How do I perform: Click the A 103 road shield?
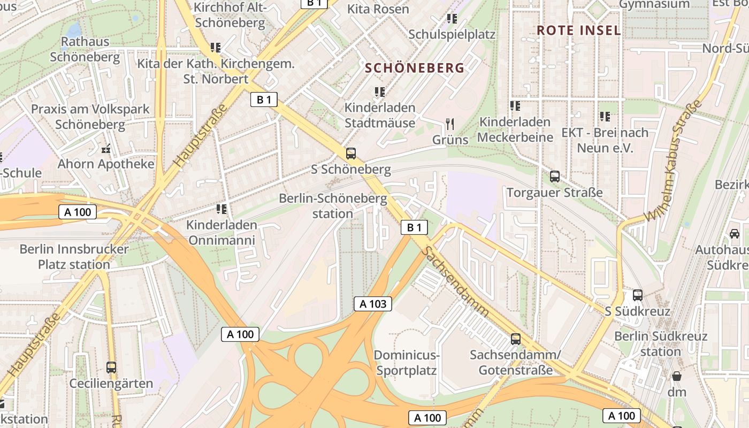pos(373,304)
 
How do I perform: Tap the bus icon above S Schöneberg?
pos(351,154)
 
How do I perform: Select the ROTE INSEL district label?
pos(579,30)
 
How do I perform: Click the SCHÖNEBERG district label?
pos(415,68)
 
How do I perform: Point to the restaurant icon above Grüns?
pos(450,125)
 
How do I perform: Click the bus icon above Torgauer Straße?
pos(555,176)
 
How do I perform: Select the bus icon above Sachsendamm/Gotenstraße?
pos(516,339)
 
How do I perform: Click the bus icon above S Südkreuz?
pos(637,295)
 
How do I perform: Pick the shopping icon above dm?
pos(677,376)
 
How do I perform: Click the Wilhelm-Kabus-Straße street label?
pos(674,160)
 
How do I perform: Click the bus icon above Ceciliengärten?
pos(111,368)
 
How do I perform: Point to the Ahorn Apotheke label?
pos(106,164)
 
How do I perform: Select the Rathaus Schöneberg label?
pos(85,49)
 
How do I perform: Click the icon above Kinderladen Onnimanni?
pos(221,209)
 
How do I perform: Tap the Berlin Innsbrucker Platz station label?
pos(74,256)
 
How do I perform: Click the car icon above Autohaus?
pos(735,233)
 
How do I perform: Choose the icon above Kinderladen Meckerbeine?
pos(515,106)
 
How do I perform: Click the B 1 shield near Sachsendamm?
pos(414,227)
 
